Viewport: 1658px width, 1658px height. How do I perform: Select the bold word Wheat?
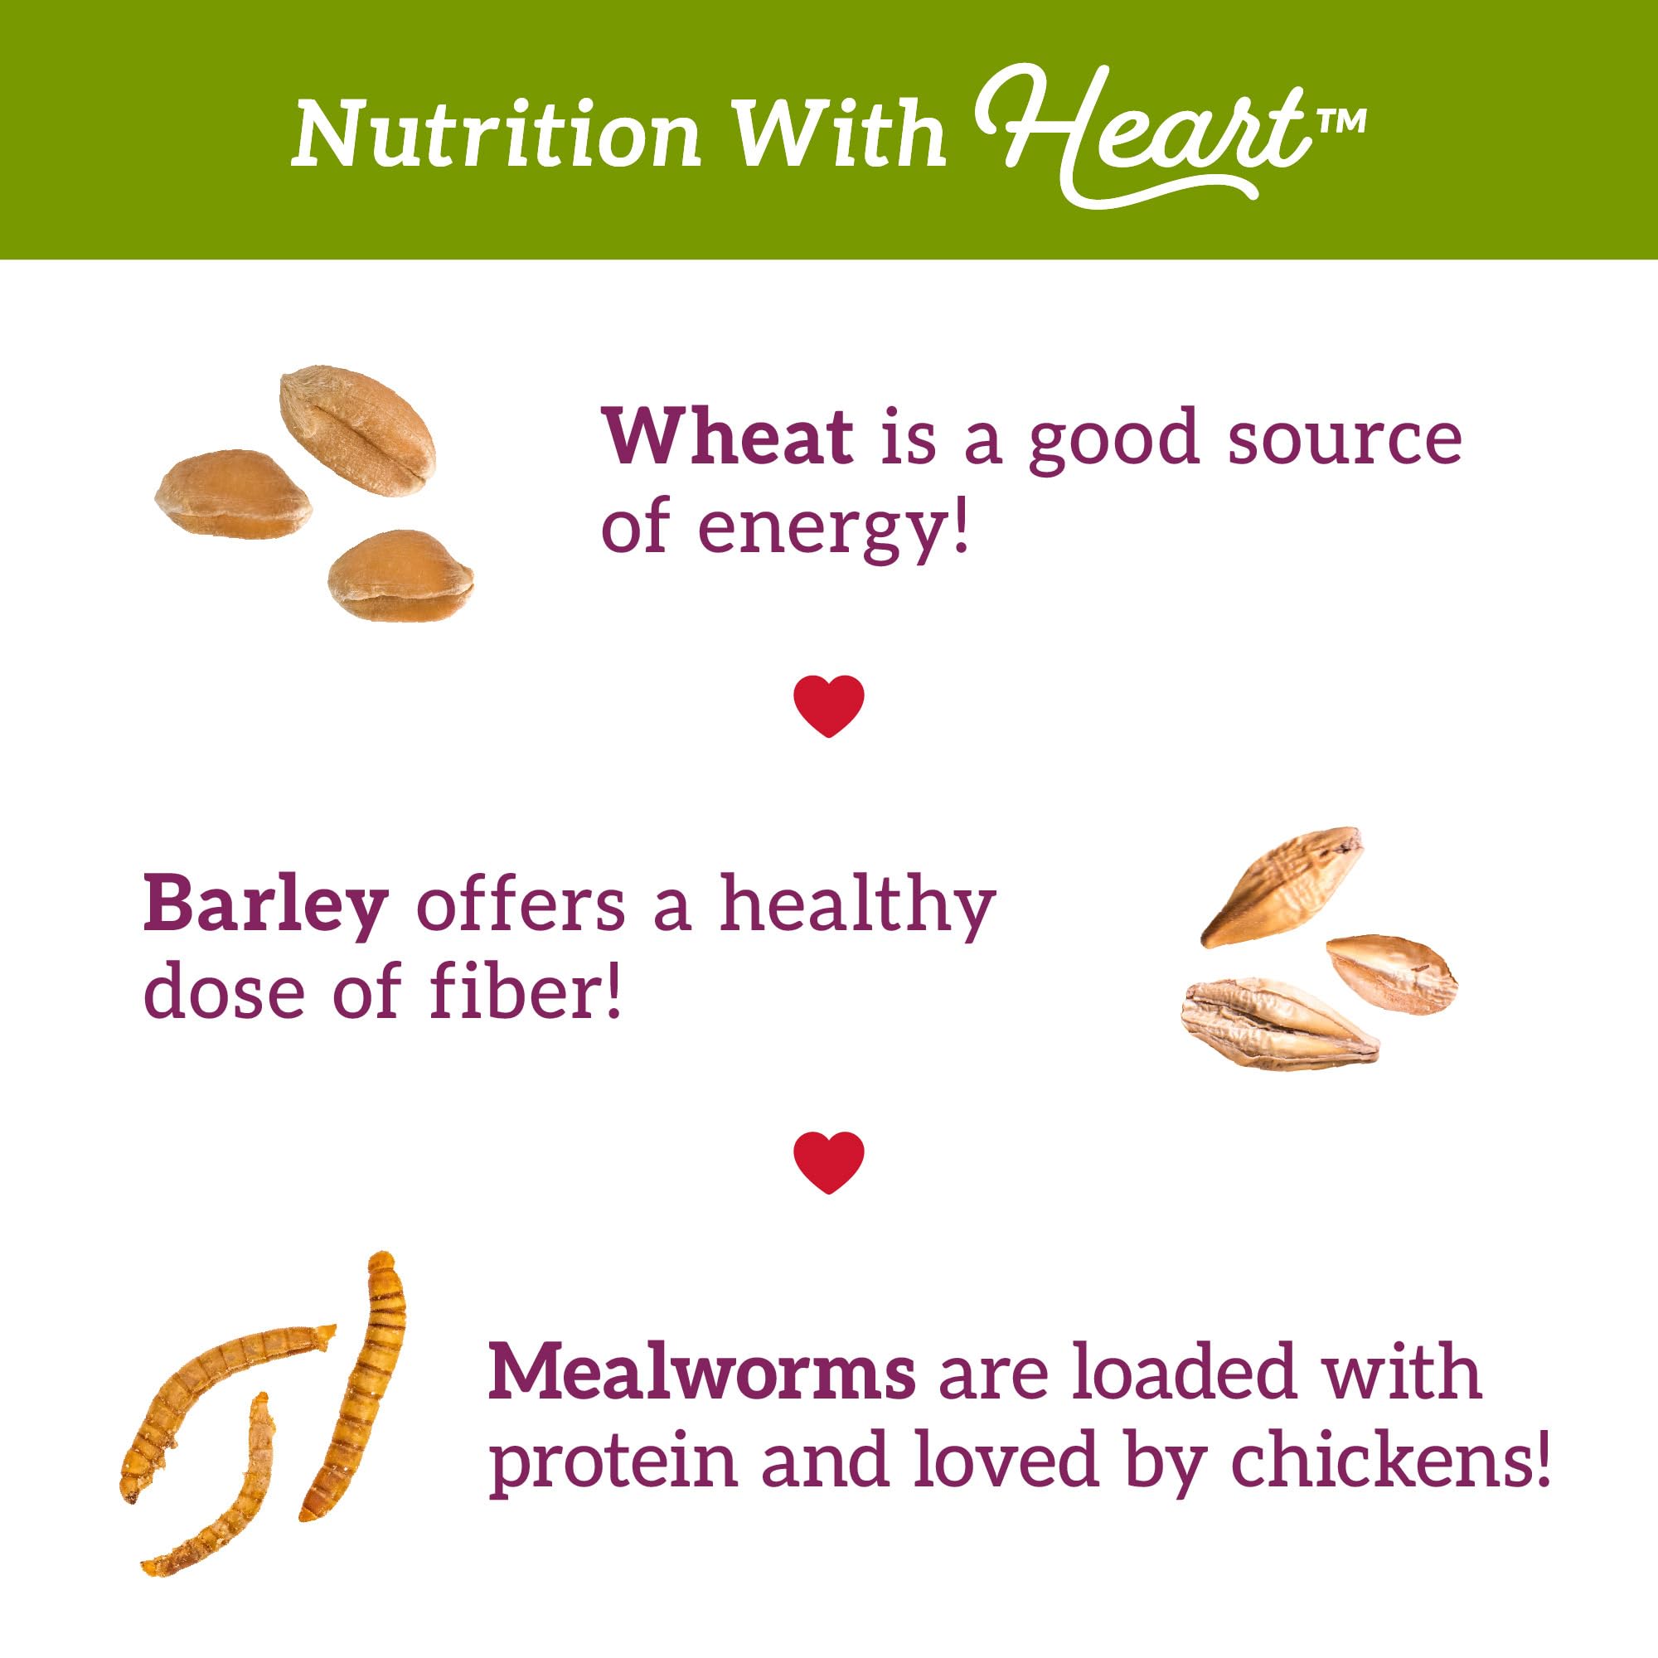[728, 438]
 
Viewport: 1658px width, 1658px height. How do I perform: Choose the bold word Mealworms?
[701, 1371]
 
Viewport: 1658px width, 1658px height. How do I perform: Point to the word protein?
[613, 1462]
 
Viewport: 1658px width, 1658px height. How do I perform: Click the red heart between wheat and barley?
[829, 706]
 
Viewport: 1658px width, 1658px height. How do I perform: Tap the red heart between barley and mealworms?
[829, 1163]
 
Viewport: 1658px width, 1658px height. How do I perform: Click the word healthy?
[857, 904]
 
